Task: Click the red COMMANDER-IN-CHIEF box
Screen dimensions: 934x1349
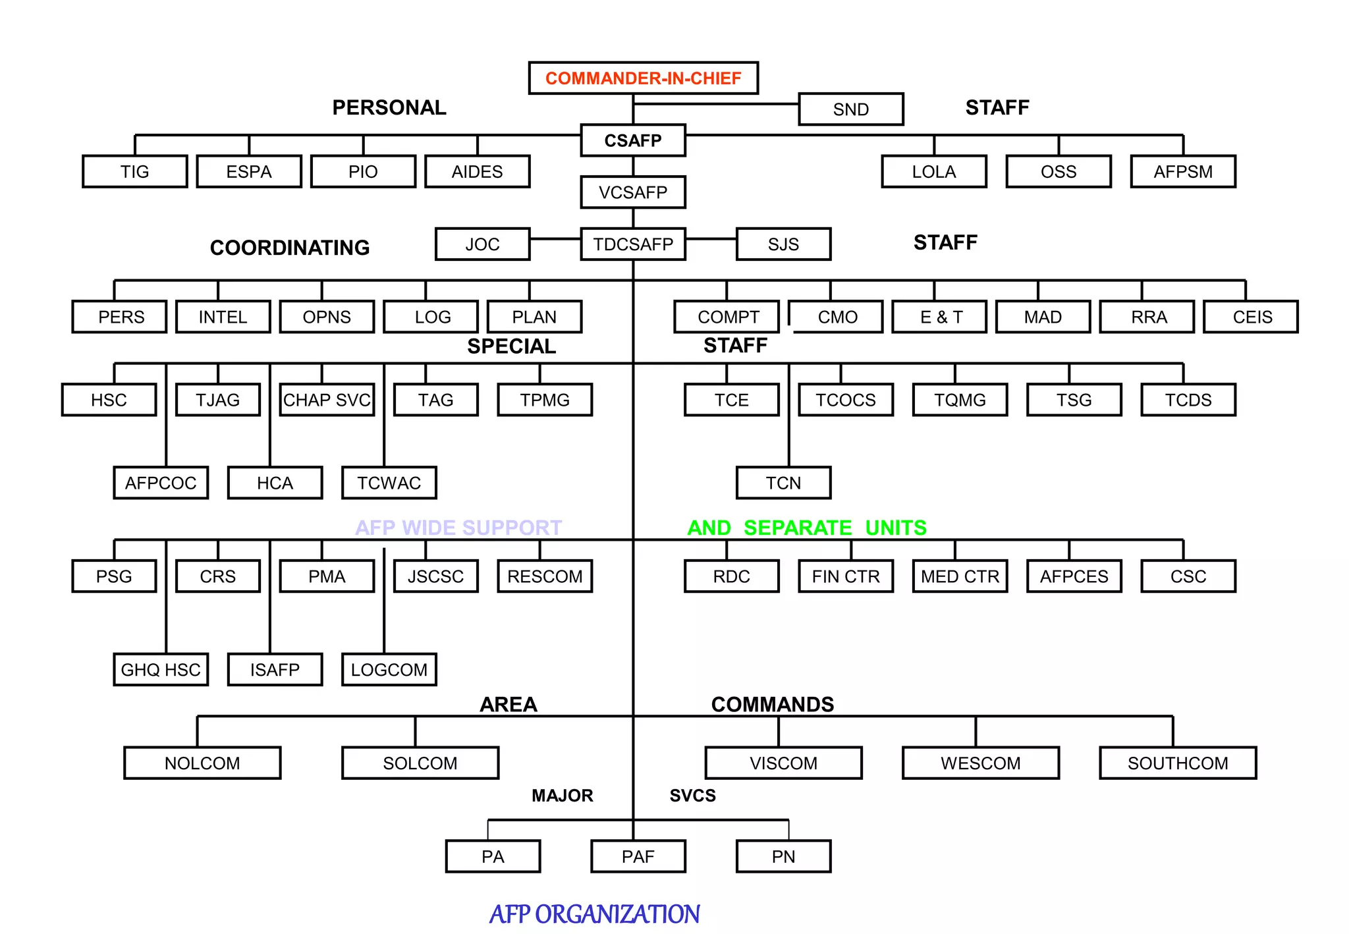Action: (643, 78)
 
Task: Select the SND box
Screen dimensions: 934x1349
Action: (850, 109)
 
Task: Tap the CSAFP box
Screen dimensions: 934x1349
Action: (632, 140)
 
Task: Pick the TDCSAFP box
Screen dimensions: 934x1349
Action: (632, 244)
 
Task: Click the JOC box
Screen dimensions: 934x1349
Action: (482, 244)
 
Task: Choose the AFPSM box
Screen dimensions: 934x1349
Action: (1182, 171)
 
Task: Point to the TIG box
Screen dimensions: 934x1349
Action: (134, 171)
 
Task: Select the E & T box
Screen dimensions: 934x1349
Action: (939, 317)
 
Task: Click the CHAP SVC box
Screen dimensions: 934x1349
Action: (327, 400)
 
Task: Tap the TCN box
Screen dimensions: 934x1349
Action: (783, 483)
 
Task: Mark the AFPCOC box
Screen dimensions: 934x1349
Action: (161, 483)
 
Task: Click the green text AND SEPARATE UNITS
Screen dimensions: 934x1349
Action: (806, 528)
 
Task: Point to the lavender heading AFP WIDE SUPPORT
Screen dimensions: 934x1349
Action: (458, 528)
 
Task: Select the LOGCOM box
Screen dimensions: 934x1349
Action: (389, 670)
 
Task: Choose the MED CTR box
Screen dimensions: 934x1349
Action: (960, 576)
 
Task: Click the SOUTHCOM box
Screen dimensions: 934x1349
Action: (1177, 763)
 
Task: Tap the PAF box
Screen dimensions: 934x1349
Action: (638, 856)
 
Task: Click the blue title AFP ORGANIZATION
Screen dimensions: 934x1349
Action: (594, 914)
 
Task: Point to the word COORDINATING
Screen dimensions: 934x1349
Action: (290, 248)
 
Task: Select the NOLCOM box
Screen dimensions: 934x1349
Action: (202, 763)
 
